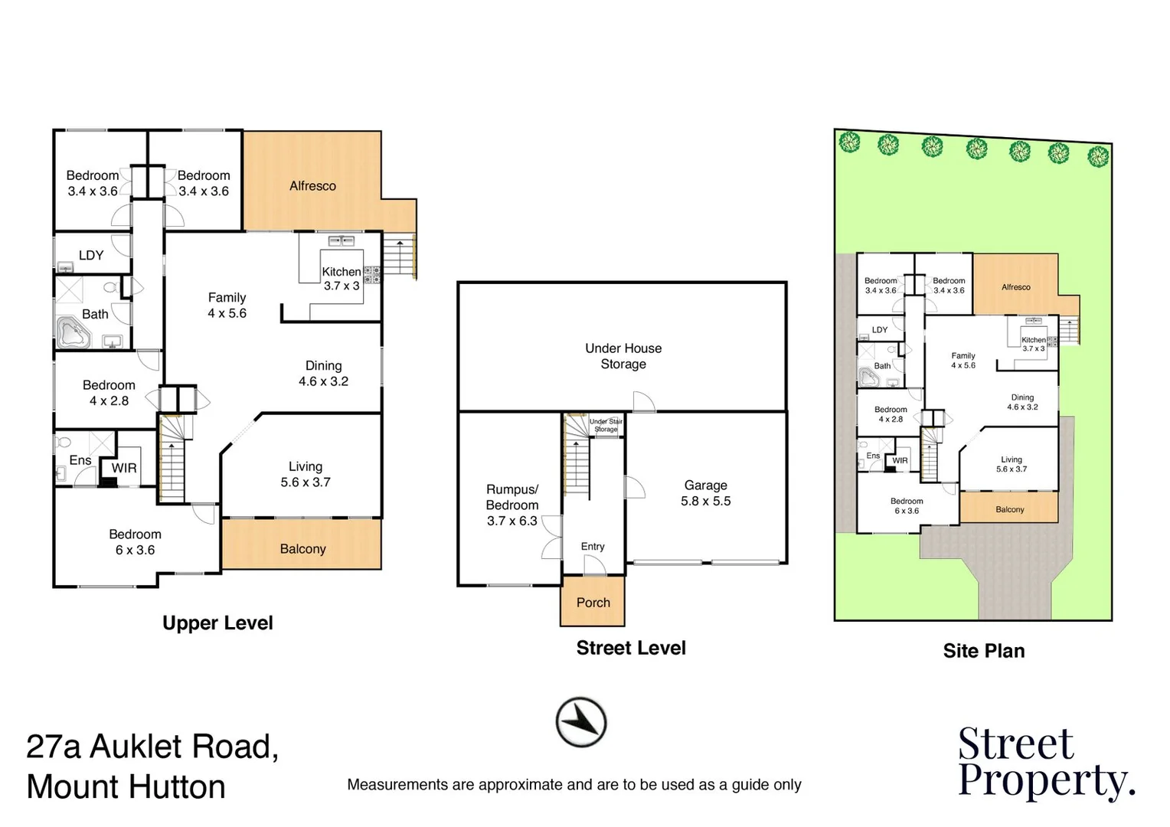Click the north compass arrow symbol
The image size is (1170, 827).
point(581,721)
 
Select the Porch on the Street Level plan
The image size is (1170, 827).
point(593,602)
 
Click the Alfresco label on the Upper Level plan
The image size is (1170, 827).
point(312,186)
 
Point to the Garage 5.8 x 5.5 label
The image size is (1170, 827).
point(705,493)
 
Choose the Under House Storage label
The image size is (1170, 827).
point(623,356)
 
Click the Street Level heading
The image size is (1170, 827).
point(630,648)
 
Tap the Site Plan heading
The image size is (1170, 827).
point(983,651)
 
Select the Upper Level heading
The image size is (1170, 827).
point(217,623)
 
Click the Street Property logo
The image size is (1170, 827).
point(1045,763)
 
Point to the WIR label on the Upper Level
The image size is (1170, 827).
point(124,468)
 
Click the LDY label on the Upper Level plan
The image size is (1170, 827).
point(91,255)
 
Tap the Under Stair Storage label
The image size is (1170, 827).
point(606,426)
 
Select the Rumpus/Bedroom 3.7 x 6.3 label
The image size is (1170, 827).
point(512,505)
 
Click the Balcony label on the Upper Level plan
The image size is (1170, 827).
point(302,549)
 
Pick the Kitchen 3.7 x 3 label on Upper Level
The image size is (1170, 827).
point(341,279)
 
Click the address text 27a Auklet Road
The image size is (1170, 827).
point(152,747)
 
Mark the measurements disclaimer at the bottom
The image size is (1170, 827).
point(574,785)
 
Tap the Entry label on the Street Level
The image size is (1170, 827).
point(593,546)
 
